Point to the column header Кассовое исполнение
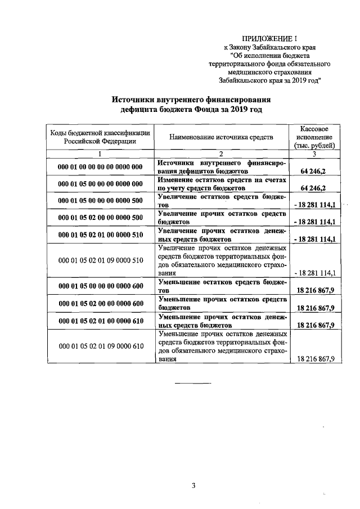[315, 137]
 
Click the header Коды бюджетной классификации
[100, 137]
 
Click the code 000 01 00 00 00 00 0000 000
[100, 166]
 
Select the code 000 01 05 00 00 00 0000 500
[100, 200]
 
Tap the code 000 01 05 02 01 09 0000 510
[100, 260]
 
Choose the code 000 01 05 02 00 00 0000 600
[100, 304]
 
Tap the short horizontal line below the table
[193, 384]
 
